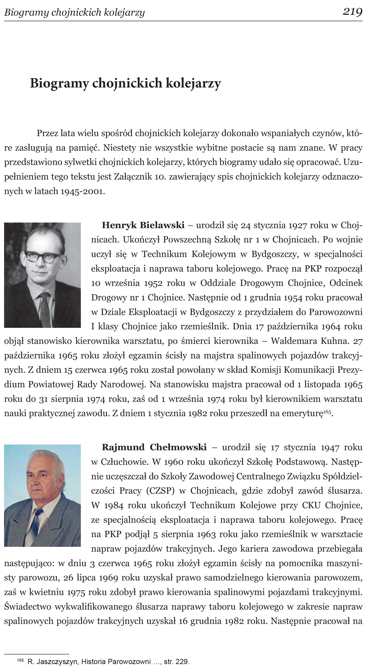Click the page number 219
(x=352, y=12)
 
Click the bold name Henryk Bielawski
(x=143, y=225)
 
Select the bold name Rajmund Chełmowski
(x=154, y=447)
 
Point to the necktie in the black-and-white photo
(x=45, y=308)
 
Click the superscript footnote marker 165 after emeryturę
(x=327, y=411)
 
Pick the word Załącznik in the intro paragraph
(x=133, y=176)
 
